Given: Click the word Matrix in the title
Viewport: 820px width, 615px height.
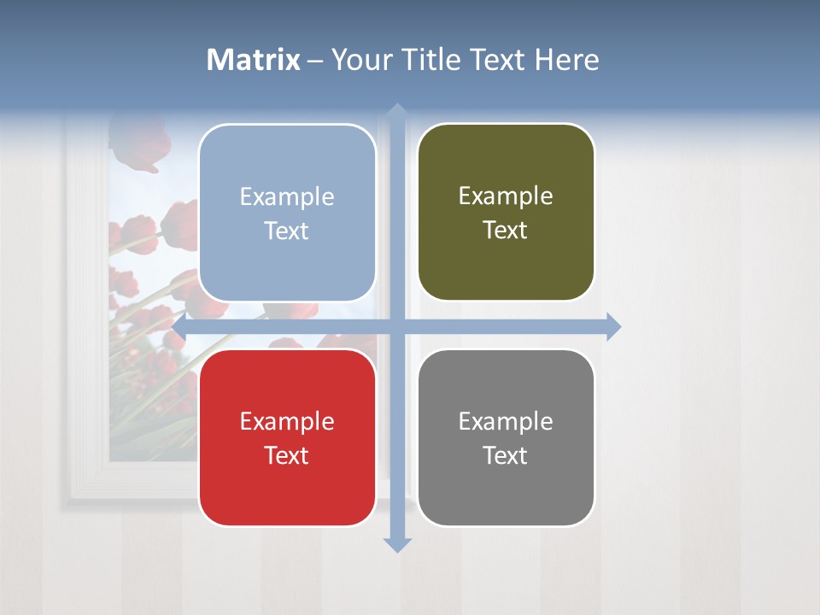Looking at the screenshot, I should coord(254,60).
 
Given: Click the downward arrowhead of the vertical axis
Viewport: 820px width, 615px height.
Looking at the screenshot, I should coord(396,545).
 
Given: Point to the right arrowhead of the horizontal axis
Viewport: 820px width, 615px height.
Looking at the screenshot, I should coord(613,326).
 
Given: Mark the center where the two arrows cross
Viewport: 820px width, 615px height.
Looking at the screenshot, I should coord(396,326).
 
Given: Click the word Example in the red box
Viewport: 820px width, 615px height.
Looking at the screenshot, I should coord(287,421).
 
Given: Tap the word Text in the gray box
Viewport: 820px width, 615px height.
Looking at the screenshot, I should coord(506,455).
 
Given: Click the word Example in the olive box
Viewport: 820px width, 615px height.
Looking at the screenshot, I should coord(506,196).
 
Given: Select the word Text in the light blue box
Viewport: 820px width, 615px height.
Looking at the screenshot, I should coord(287,231).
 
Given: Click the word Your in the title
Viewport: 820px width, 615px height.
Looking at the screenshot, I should coord(359,60).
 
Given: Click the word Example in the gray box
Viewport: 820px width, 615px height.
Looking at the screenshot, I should coord(506,421).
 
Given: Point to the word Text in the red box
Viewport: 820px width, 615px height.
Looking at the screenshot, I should coord(287,455).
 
